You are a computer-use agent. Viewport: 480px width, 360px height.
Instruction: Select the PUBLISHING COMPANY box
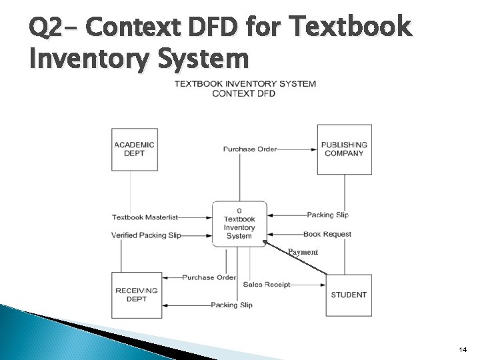344,149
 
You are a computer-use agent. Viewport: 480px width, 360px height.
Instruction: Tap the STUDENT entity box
348,295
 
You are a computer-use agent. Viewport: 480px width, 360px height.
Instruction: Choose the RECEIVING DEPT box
136,295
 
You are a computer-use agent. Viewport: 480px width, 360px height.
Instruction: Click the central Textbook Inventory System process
239,223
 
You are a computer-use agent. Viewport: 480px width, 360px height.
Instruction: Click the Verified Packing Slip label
146,235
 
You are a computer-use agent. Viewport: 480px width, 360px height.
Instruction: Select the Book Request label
327,234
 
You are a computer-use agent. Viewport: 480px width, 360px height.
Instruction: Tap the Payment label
303,252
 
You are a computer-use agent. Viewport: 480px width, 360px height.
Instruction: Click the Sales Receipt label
267,285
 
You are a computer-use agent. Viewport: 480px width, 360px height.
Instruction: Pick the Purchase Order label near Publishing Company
250,149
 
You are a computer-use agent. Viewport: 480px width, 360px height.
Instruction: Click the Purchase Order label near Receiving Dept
209,277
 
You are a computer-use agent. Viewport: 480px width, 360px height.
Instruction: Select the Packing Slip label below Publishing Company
327,215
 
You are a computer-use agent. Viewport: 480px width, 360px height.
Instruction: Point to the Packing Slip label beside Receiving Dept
231,305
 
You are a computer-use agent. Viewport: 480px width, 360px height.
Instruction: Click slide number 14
463,349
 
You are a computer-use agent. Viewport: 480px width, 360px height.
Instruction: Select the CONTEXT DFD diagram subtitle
243,93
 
